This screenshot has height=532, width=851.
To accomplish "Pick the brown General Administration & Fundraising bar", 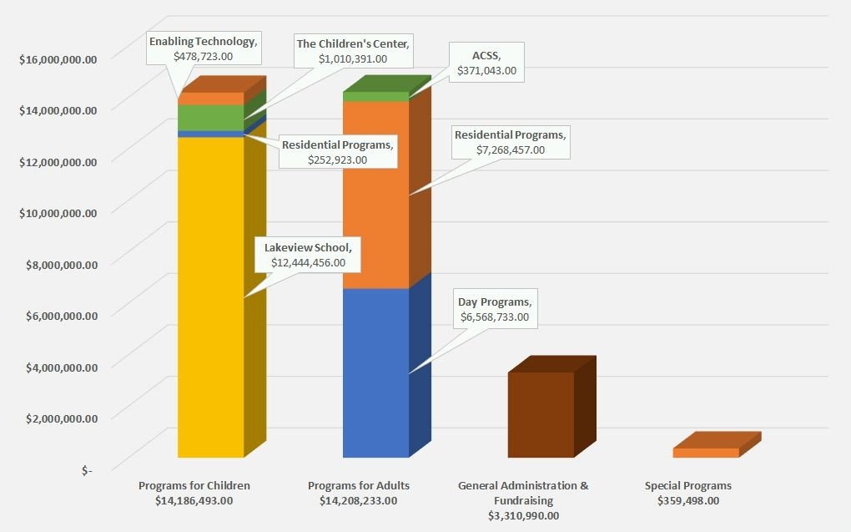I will (x=541, y=414).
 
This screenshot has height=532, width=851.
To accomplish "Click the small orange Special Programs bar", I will (x=706, y=453).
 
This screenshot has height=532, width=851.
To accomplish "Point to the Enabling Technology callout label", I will (x=203, y=48).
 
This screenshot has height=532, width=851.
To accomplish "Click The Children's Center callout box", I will (x=353, y=51).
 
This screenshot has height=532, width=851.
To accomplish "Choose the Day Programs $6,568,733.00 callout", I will (x=494, y=310).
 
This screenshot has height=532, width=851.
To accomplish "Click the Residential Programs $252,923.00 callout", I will (x=336, y=152).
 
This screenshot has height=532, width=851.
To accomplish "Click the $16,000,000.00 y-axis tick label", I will (x=58, y=58).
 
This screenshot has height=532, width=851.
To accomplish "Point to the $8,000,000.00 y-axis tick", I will (x=58, y=264).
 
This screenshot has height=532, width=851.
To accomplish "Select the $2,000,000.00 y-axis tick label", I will (x=58, y=418).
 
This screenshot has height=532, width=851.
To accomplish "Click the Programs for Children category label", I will (x=194, y=485).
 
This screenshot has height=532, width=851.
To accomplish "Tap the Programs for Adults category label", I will (x=359, y=485).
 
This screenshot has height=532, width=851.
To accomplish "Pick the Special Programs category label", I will (x=687, y=485).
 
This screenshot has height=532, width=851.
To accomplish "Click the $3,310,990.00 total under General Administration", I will (x=523, y=515).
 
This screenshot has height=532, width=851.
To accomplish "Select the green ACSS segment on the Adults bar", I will (x=375, y=96).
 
